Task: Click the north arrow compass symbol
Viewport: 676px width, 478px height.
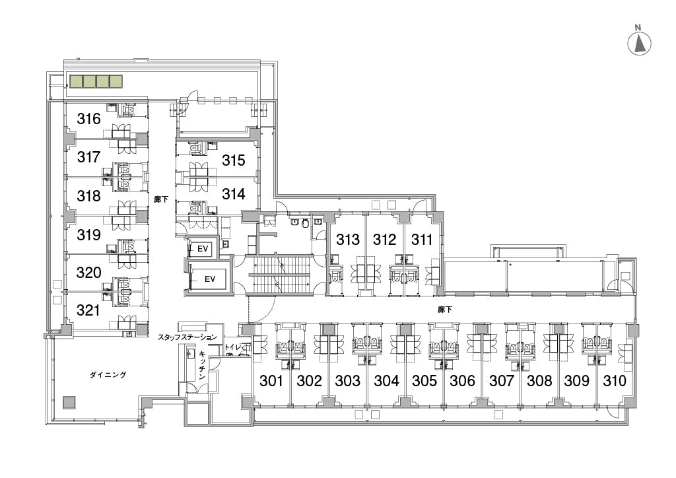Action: pyautogui.click(x=639, y=43)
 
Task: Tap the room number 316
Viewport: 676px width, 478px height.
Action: pyautogui.click(x=89, y=119)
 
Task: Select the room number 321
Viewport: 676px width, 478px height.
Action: pyautogui.click(x=88, y=310)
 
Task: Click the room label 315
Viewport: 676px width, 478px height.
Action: pyautogui.click(x=234, y=160)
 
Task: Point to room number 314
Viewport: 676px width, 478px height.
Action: pyautogui.click(x=234, y=194)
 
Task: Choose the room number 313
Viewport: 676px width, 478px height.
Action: pyautogui.click(x=348, y=239)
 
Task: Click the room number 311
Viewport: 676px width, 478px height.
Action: pyautogui.click(x=422, y=239)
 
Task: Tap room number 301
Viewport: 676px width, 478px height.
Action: pyautogui.click(x=271, y=380)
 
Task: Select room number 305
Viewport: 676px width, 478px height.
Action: pyautogui.click(x=424, y=380)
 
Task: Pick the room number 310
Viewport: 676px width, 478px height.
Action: pyautogui.click(x=615, y=380)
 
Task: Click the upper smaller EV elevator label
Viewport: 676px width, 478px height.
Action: pyautogui.click(x=203, y=249)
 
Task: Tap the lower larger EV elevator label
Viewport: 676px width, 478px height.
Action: pyautogui.click(x=210, y=279)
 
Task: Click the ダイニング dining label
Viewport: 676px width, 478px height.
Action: pyautogui.click(x=108, y=375)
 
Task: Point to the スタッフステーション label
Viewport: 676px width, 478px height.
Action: pyautogui.click(x=187, y=337)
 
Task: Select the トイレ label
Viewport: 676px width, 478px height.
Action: pyautogui.click(x=232, y=347)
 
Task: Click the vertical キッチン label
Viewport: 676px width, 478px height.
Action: pyautogui.click(x=202, y=366)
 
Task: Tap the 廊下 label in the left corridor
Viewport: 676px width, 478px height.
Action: pyautogui.click(x=161, y=199)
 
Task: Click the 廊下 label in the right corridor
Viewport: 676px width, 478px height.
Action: pyautogui.click(x=444, y=310)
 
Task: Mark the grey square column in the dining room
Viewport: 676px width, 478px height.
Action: pyautogui.click(x=69, y=403)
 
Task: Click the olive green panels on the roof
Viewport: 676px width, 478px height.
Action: pyautogui.click(x=96, y=81)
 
